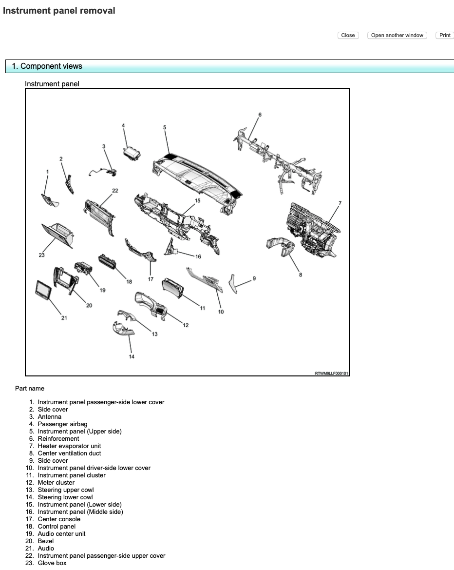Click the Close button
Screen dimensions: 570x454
(348, 35)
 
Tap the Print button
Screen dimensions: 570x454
(445, 35)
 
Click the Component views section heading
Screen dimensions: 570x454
(47, 66)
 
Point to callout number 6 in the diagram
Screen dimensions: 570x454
(260, 115)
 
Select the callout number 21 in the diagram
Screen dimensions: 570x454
(64, 318)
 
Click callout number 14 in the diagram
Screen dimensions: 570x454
(132, 356)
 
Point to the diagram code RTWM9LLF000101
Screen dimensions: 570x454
(331, 373)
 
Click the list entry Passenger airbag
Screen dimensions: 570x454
(62, 424)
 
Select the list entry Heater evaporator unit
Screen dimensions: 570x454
(69, 446)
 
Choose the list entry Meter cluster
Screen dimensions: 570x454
(56, 483)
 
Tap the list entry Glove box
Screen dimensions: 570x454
(52, 563)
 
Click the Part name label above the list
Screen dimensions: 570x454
(30, 389)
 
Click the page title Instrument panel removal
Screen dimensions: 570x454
(59, 11)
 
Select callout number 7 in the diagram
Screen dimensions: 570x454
(340, 203)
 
